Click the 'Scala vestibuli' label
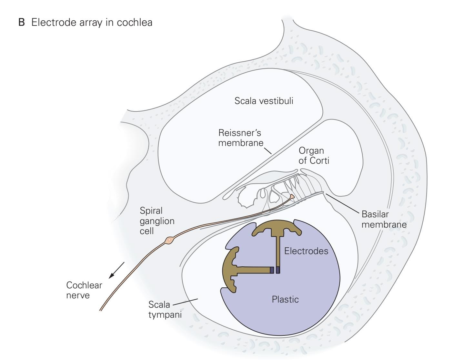pos(264,101)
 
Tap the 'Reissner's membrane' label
pos(240,138)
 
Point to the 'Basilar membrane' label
pos(384,219)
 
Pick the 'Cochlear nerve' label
pos(84,290)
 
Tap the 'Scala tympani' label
pos(165,309)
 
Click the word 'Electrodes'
pos(306,251)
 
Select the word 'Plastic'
pos(285,299)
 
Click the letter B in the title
pos(22,23)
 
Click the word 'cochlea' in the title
pos(135,23)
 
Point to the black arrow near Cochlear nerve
pos(116,270)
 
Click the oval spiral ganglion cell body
pos(170,240)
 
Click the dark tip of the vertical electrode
pos(278,270)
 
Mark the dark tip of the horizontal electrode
pos(272,270)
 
